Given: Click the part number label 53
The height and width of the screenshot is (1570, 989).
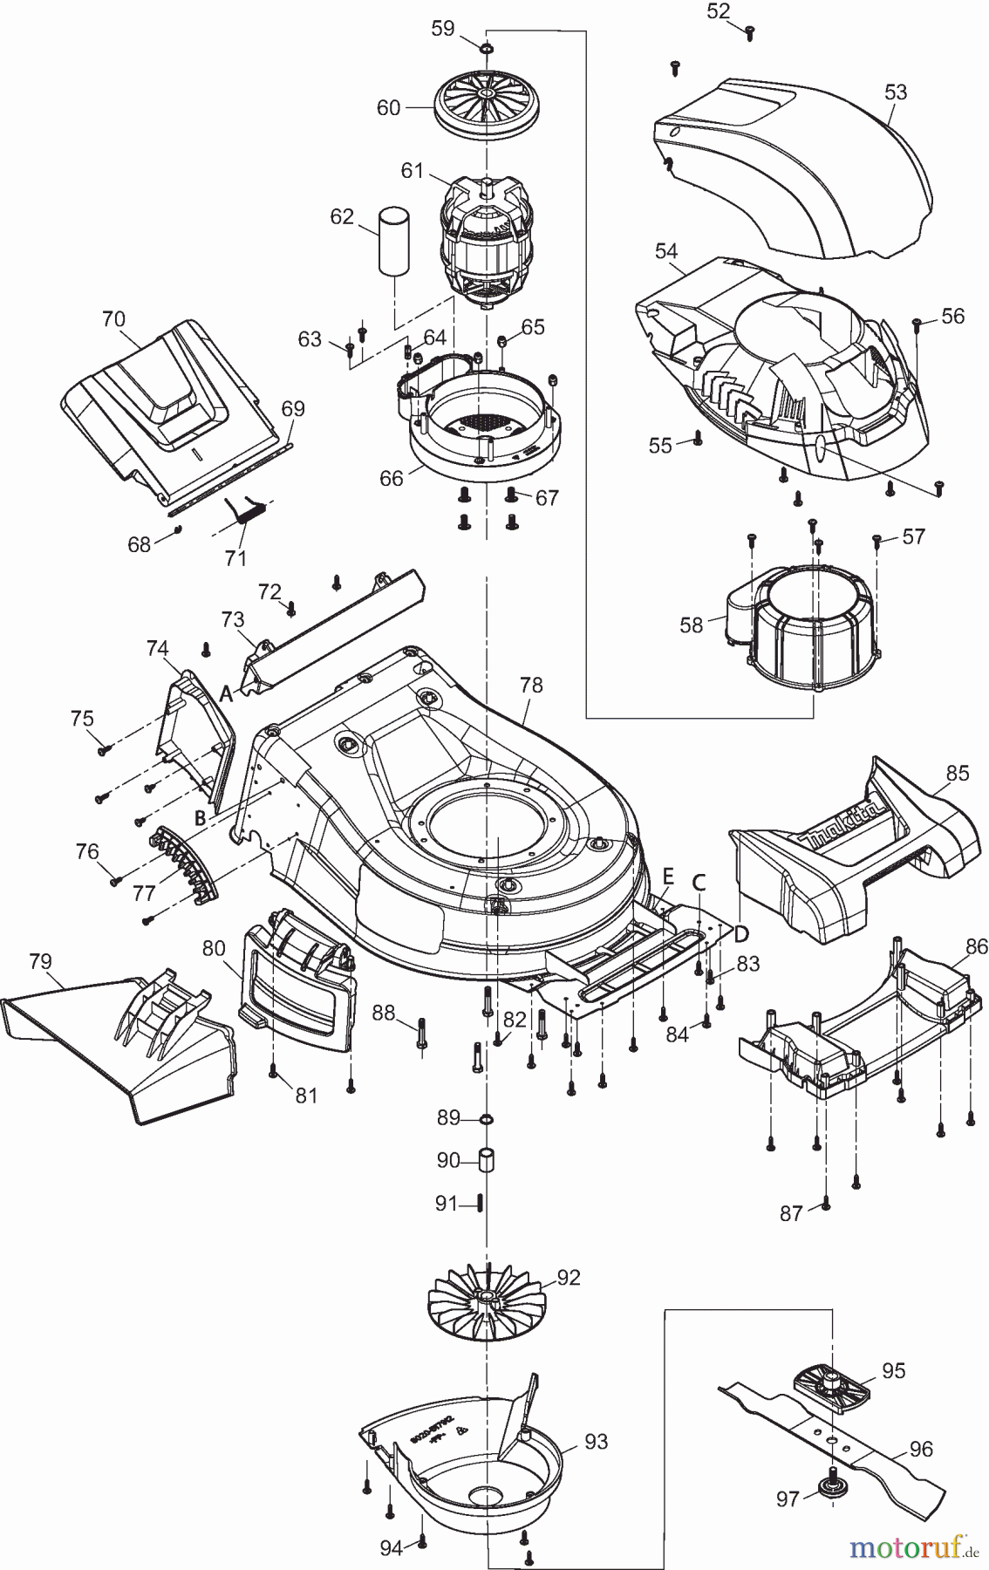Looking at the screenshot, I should [896, 92].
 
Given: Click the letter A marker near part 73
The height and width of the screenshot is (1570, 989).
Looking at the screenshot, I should [226, 694].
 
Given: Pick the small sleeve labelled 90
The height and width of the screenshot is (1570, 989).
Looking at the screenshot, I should [486, 1161].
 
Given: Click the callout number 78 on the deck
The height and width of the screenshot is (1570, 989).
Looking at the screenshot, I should [530, 685].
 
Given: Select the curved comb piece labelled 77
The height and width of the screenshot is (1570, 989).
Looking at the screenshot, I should [183, 862].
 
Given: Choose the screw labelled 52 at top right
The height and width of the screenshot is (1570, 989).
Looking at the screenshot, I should [749, 33].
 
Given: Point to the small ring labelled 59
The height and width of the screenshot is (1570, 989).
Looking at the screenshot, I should [486, 45].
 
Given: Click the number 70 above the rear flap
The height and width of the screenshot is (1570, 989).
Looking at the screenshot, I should [113, 318].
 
